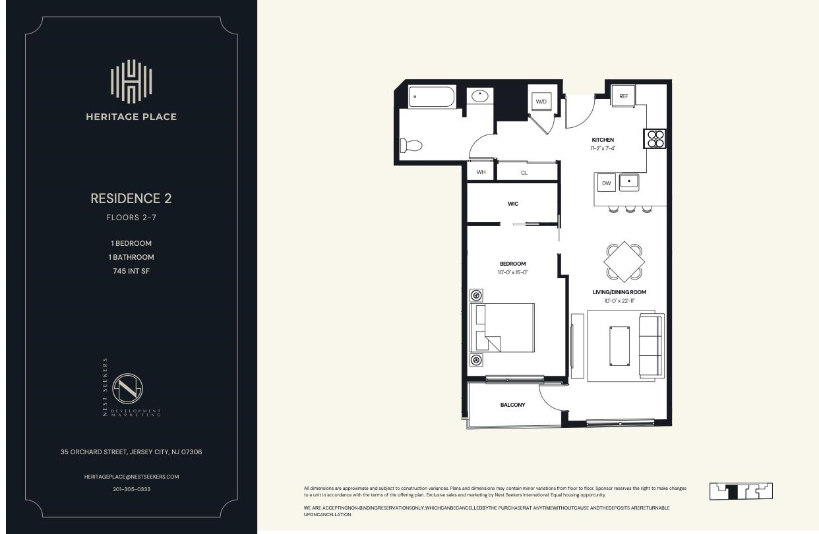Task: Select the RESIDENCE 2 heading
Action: [131, 198]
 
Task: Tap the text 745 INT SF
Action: [131, 270]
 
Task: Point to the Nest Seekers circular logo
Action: [127, 389]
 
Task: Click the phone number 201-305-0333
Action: [131, 489]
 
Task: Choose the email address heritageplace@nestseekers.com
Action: [131, 476]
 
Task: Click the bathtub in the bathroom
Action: [431, 97]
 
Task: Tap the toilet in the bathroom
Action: [411, 145]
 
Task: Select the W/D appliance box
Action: [541, 102]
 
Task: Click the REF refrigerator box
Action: [623, 96]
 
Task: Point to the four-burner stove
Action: [655, 138]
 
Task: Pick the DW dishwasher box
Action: [606, 183]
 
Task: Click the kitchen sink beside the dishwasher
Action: [628, 181]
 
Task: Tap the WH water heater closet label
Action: [481, 173]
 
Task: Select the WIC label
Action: [512, 204]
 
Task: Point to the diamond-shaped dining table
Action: [624, 262]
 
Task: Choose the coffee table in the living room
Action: [619, 345]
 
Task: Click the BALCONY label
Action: [512, 405]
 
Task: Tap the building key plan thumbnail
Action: [741, 491]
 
